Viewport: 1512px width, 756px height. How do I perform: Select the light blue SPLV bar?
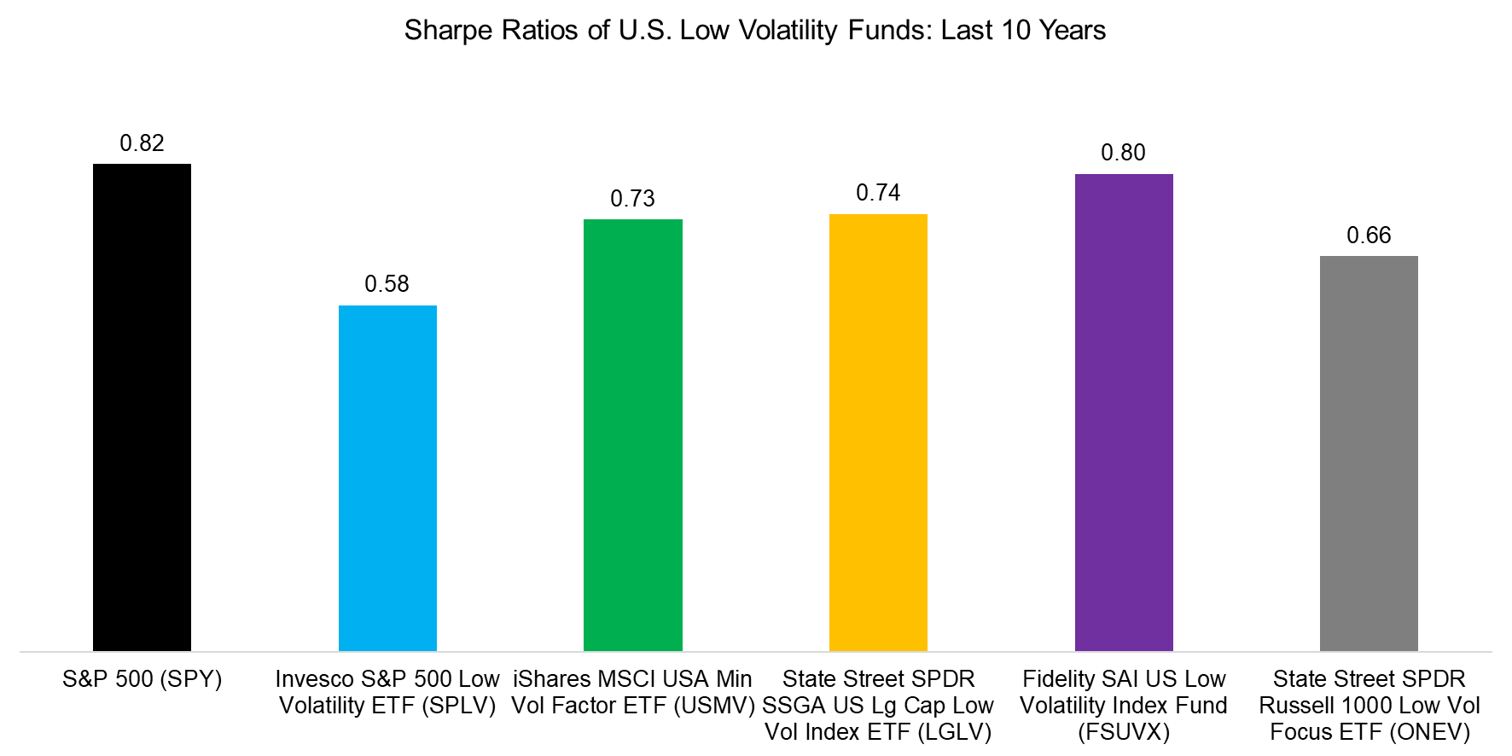pyautogui.click(x=387, y=478)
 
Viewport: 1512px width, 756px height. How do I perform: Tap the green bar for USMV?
pyautogui.click(x=632, y=435)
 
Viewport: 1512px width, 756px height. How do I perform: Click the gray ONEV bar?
pyautogui.click(x=1369, y=453)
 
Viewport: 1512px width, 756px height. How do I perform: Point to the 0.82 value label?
pyautogui.click(x=142, y=143)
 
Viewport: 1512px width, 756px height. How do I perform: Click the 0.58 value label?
pyautogui.click(x=387, y=284)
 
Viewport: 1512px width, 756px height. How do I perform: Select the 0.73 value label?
pyautogui.click(x=632, y=199)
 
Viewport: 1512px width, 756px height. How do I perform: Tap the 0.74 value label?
pyautogui.click(x=878, y=193)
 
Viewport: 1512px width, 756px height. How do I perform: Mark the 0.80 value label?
pyautogui.click(x=1123, y=153)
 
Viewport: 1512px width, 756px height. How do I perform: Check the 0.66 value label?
pyautogui.click(x=1369, y=236)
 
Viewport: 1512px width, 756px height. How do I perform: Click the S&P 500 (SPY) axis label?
pyautogui.click(x=142, y=679)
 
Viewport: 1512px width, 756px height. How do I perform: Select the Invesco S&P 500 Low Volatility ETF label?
pyautogui.click(x=387, y=692)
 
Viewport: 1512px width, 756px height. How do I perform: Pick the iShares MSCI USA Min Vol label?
pyautogui.click(x=632, y=692)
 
